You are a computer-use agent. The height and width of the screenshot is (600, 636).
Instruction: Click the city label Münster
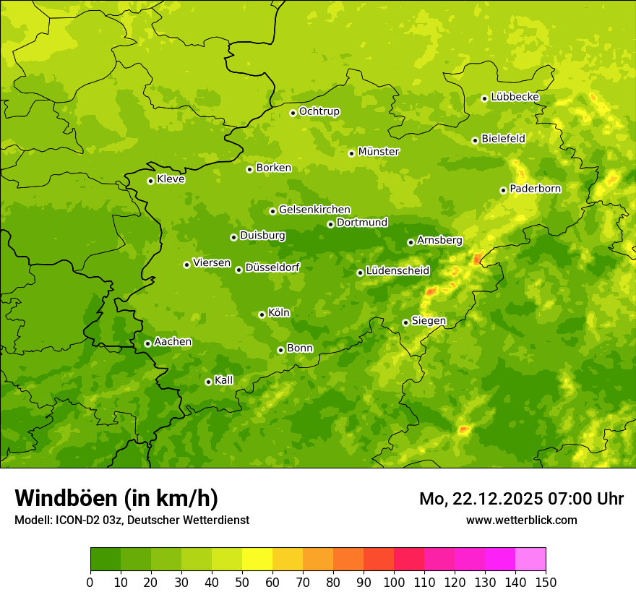click(379, 152)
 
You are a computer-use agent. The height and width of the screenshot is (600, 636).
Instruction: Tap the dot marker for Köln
click(262, 314)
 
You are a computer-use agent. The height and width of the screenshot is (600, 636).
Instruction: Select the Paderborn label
click(535, 189)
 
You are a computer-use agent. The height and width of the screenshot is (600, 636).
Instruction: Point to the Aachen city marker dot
click(147, 343)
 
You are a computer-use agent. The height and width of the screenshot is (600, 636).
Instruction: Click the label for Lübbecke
click(515, 97)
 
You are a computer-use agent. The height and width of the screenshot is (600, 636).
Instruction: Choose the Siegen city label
click(429, 321)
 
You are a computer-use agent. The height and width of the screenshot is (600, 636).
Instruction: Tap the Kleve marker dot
click(150, 181)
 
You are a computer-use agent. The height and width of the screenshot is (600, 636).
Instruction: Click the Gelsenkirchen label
click(314, 210)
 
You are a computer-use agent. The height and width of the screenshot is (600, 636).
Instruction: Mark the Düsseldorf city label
click(272, 268)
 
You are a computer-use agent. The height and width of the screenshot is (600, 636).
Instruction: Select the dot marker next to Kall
click(208, 382)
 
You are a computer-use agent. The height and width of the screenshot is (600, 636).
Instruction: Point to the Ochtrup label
click(319, 111)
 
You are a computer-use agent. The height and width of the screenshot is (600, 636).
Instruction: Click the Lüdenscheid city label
click(397, 271)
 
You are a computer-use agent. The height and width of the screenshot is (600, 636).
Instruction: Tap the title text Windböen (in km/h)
click(116, 498)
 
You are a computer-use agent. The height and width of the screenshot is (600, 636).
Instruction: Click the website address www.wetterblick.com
click(521, 520)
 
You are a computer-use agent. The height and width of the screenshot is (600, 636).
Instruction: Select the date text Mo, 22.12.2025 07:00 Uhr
click(521, 499)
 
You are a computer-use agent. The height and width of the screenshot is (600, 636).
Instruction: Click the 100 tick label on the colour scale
click(394, 582)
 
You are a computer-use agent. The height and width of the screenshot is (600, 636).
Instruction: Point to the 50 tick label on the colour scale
click(242, 582)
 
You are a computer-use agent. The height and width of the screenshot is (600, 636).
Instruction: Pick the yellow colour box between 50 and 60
click(257, 560)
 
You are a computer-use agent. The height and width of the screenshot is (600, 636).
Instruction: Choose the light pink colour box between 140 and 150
click(530, 560)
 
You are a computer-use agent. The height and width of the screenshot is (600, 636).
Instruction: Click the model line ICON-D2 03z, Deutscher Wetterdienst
click(132, 520)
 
